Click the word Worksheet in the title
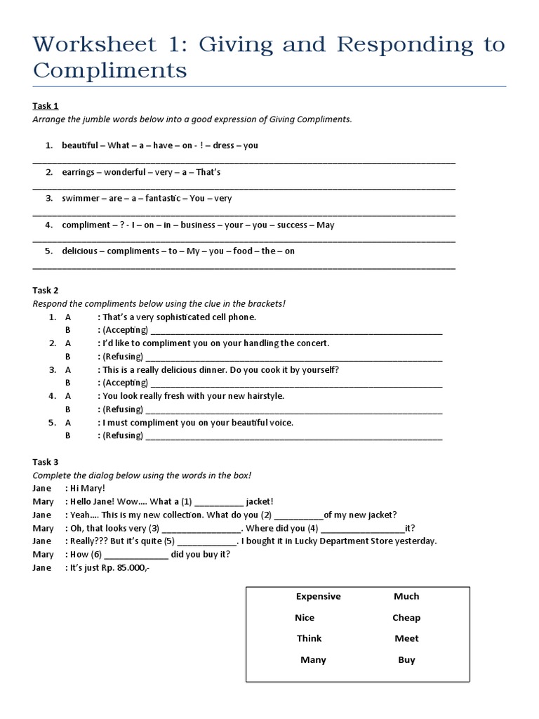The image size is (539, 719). [95, 45]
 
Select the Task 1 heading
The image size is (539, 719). [46, 106]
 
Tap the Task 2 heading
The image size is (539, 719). [46, 290]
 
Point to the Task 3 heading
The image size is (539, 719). [46, 462]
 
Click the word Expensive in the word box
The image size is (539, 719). [318, 596]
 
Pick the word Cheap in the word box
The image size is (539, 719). [406, 617]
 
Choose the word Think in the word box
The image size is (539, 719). [309, 638]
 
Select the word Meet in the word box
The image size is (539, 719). [406, 638]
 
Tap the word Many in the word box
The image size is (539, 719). [313, 659]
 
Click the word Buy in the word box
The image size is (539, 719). [406, 659]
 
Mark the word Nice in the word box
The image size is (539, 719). [305, 617]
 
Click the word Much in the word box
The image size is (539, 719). [406, 596]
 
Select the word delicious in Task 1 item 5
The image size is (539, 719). [79, 251]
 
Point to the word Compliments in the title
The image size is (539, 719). [110, 71]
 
